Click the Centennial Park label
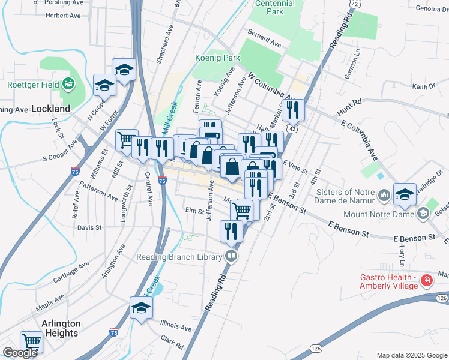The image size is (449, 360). [274, 7]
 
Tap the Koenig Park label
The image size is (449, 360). [217, 58]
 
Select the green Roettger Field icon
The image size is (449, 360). [69, 83]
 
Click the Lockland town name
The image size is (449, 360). [50, 109]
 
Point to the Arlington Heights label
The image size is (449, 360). [60, 328]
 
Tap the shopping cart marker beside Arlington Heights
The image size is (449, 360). [31, 343]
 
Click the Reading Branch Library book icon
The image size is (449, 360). [231, 257]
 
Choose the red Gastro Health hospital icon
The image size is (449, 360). [426, 280]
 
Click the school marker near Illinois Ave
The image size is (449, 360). [141, 308]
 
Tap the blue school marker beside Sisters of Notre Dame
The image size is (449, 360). [405, 194]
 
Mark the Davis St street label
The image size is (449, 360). [89, 228]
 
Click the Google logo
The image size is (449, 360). [20, 353]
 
